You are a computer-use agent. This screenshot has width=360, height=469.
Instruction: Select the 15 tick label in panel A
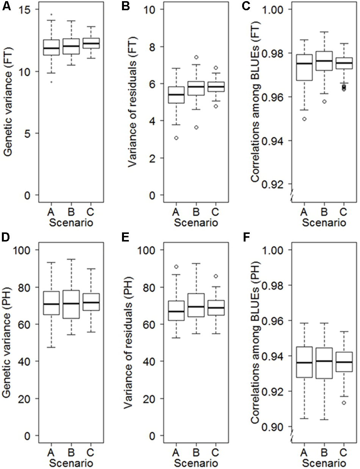point(25,9)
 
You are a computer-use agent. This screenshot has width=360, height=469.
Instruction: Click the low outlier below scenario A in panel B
point(176,138)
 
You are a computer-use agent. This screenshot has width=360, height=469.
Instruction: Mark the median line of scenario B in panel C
point(325,61)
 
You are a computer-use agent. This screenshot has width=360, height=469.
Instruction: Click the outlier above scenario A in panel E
point(176,267)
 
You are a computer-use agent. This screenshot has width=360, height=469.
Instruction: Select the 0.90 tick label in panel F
point(273,427)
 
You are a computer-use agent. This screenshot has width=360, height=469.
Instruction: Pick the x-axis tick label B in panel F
point(325,452)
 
